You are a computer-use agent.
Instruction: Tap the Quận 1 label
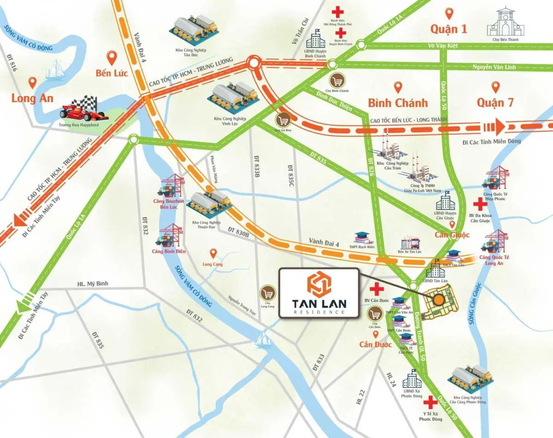(449, 29)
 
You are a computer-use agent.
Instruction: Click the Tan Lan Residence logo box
(318, 292)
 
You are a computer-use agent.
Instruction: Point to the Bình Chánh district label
(398, 102)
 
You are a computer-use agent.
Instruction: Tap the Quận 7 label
(495, 102)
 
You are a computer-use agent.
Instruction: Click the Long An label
(32, 98)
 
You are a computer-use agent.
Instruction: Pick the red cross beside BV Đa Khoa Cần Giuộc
(480, 204)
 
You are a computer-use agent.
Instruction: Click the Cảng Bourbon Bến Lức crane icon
(171, 186)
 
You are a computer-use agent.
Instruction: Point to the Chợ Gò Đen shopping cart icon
(283, 121)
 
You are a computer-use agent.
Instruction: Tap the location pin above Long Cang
(213, 253)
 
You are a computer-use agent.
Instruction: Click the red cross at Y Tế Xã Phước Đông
(431, 403)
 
